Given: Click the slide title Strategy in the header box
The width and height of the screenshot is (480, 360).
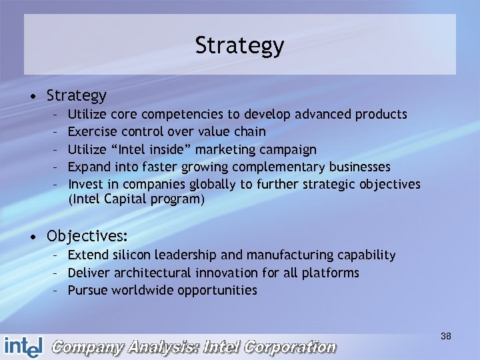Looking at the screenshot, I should coord(239,45).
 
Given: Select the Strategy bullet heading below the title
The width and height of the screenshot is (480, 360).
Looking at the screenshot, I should coord(77,95).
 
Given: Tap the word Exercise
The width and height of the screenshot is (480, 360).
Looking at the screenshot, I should coord(92,132).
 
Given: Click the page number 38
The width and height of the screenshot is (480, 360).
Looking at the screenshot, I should coord(446,337).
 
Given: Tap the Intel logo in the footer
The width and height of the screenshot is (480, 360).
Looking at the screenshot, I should coord(23,346).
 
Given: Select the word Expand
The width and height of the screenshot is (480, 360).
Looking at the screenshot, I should coord(88,167).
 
